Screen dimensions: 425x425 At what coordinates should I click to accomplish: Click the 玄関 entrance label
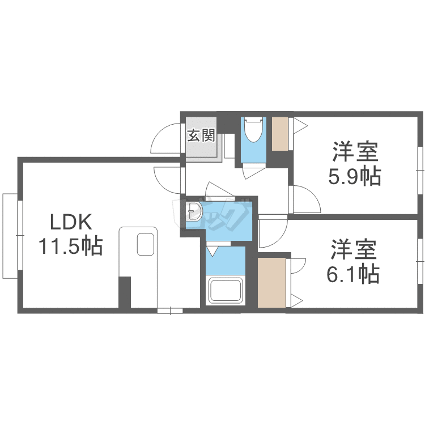click(x=201, y=135)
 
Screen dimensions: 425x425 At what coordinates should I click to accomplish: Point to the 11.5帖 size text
click(x=70, y=246)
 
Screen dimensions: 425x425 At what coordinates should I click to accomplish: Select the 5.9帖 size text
click(x=355, y=177)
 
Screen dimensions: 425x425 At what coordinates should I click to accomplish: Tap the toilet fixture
click(x=252, y=131)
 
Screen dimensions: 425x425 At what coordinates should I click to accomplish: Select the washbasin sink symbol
click(x=194, y=212)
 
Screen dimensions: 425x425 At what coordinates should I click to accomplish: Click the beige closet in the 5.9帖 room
click(x=280, y=134)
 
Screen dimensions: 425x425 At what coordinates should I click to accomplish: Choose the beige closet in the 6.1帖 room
click(x=272, y=282)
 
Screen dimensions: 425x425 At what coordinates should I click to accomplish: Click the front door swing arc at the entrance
click(x=165, y=138)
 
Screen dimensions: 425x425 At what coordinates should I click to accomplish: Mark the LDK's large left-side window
click(x=10, y=235)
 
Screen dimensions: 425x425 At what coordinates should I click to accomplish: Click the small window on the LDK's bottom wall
click(x=170, y=310)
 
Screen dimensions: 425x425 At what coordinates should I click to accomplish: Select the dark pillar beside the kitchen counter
click(x=125, y=292)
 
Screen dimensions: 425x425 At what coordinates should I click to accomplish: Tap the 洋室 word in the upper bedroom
click(x=355, y=152)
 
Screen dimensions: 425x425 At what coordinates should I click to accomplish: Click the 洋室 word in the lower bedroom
click(x=354, y=249)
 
